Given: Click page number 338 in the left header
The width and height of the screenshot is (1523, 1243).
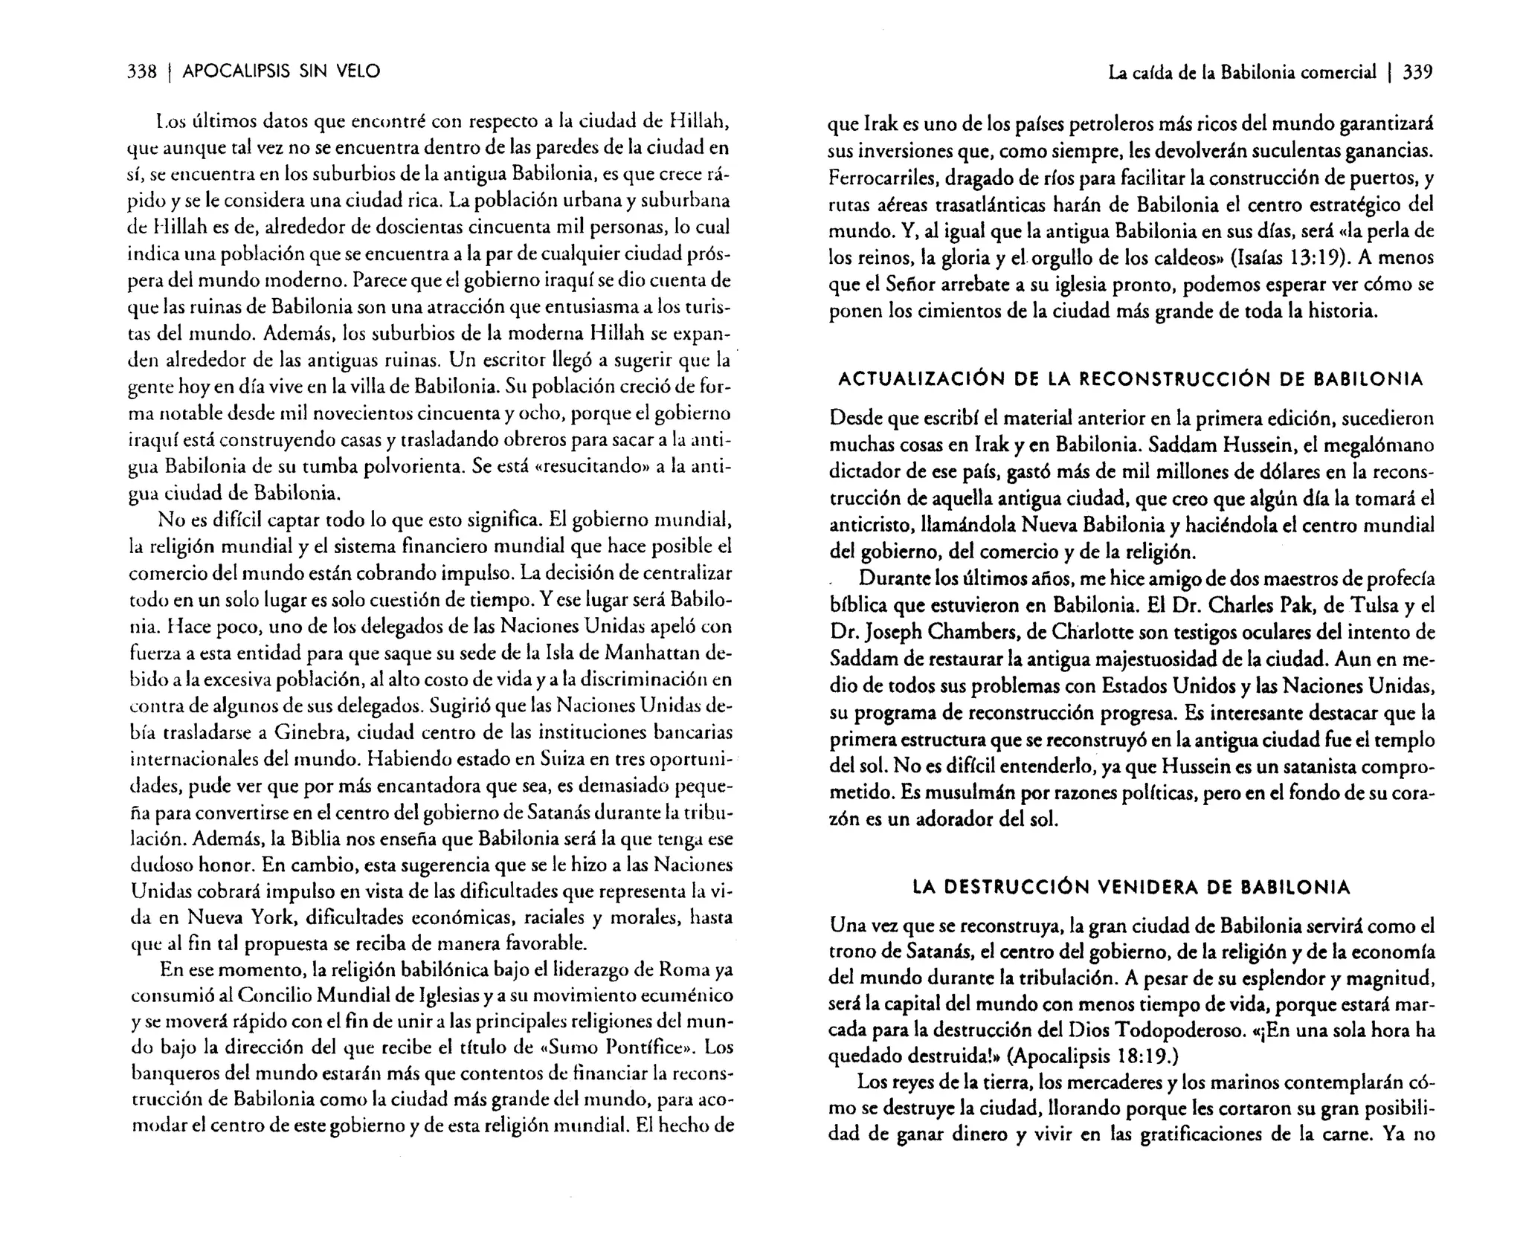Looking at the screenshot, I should pos(141,71).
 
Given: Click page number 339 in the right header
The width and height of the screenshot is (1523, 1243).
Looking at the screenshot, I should pos(1416,72).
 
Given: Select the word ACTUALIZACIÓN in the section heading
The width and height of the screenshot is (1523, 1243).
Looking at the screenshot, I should pos(918,379).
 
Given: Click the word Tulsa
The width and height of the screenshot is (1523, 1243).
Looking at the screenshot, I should pos(1362,605).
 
